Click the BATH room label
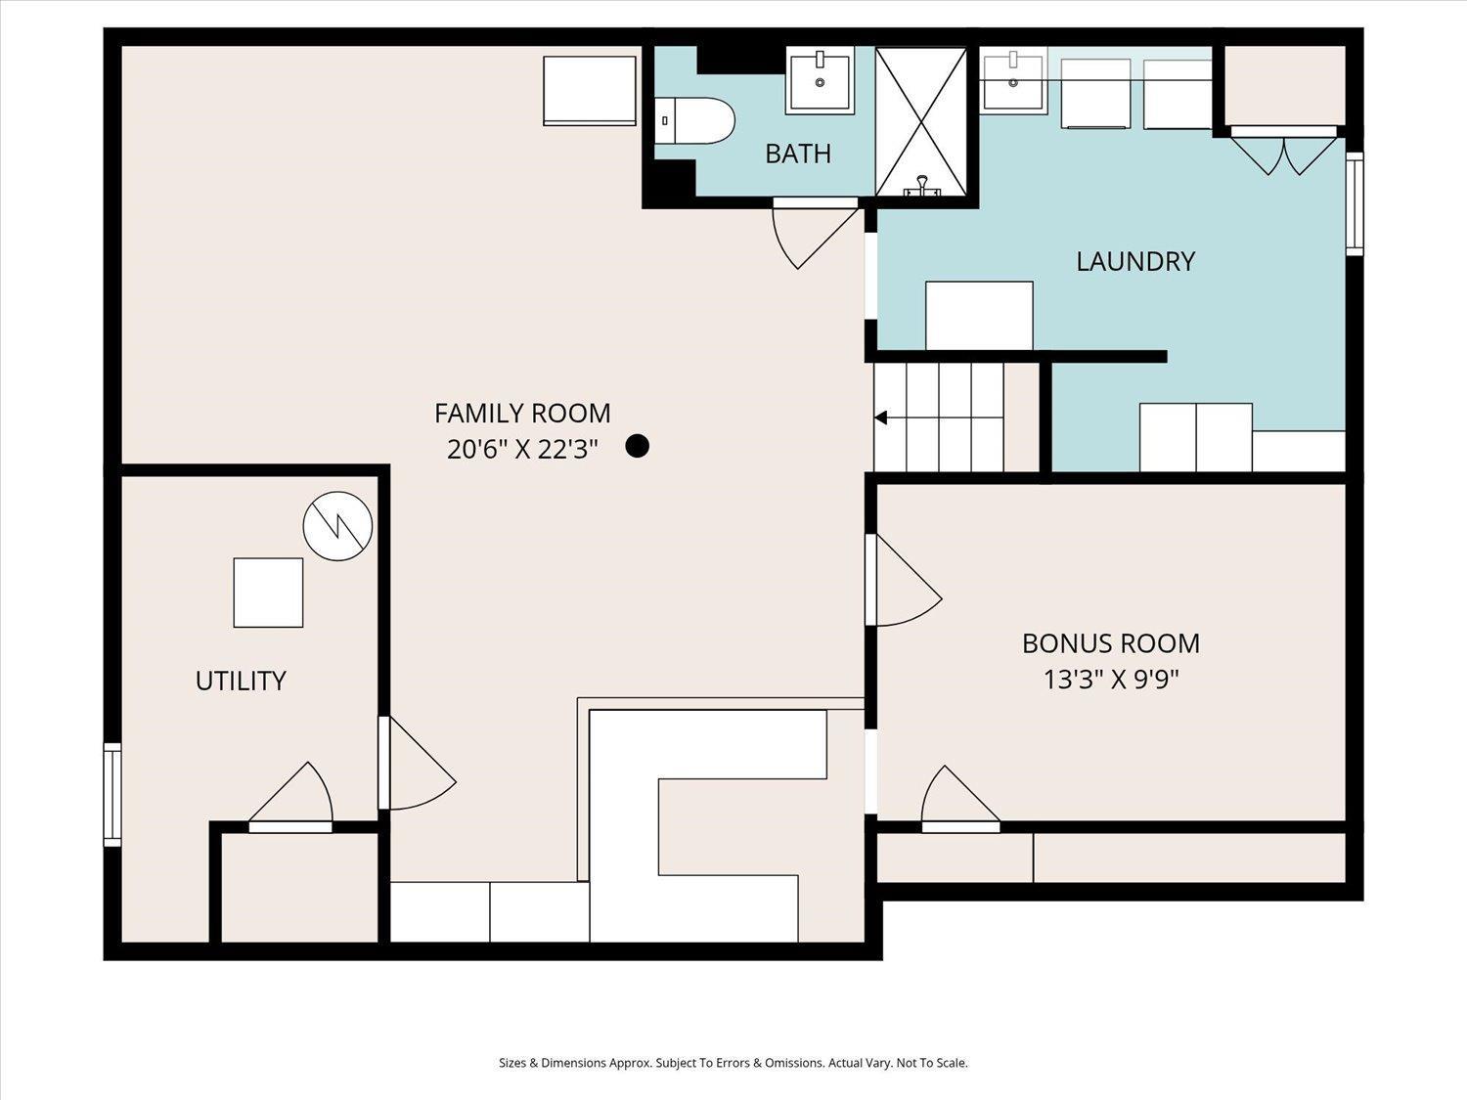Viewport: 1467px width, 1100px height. [798, 154]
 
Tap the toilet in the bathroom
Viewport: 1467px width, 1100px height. [694, 121]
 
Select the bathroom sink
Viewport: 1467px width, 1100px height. [820, 80]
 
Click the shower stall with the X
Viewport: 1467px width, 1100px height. [921, 121]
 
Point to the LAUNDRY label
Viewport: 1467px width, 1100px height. [1135, 261]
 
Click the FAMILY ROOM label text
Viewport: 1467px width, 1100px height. [522, 414]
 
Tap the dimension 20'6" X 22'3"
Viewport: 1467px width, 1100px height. [522, 450]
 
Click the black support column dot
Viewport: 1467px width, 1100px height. [637, 446]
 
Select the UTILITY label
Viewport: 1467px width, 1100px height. [241, 681]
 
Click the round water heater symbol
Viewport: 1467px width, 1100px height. [337, 526]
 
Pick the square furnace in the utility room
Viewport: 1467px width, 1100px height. [268, 593]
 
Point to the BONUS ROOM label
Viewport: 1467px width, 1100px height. [1111, 643]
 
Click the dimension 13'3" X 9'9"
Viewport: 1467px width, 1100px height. [1111, 680]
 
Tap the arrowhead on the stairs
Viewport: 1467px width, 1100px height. [881, 418]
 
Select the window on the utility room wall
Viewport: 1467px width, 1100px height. [112, 795]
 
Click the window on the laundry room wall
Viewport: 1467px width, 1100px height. [1355, 203]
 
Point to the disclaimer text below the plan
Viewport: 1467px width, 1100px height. [733, 1063]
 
